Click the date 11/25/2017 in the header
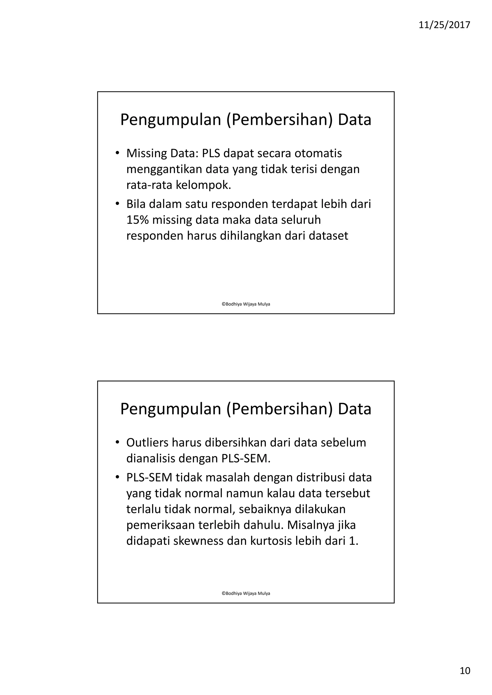444,25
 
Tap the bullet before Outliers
117,443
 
